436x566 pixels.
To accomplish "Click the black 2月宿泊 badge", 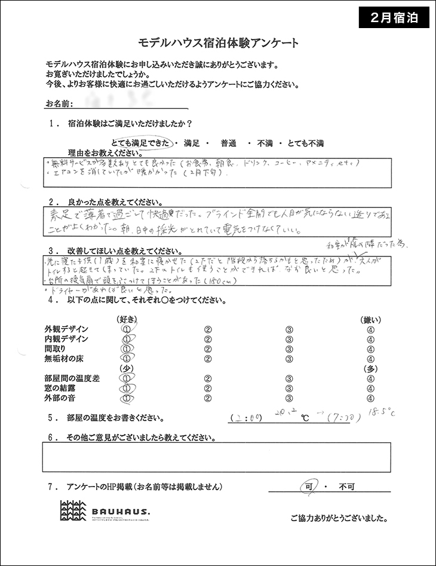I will [x=394, y=17].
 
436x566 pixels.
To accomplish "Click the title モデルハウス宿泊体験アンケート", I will [x=218, y=44].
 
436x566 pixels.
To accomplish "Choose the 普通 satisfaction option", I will [x=229, y=143].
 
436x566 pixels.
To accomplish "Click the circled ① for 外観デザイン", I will [x=126, y=329].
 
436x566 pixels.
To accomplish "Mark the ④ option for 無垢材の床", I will [x=371, y=359].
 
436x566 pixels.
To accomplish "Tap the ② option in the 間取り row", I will [x=208, y=349].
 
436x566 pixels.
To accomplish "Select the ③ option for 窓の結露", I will [x=288, y=388].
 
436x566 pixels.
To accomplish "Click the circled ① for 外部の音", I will [x=126, y=397].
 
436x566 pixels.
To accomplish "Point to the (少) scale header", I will [x=126, y=368].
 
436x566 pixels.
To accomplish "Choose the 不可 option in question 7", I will [x=347, y=487].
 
